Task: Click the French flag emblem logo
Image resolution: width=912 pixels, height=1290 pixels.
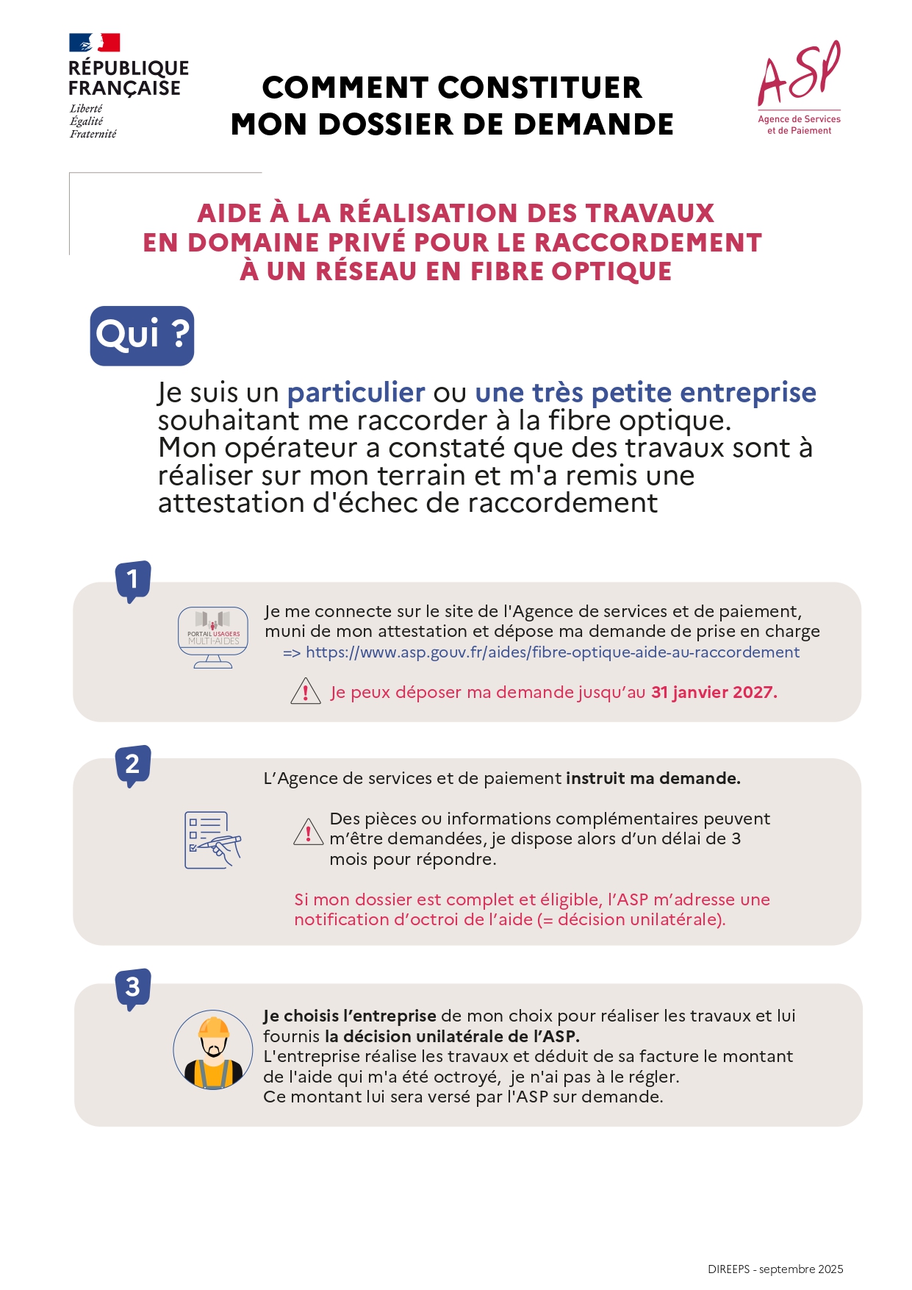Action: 95,43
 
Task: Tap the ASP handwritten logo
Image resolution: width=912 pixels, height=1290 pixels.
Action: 799,74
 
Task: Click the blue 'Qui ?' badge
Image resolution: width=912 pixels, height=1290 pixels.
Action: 142,335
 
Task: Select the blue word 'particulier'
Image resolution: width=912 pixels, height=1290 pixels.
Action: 356,393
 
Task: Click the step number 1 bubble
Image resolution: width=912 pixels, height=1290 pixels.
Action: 133,580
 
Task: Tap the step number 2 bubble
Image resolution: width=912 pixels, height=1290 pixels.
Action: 133,764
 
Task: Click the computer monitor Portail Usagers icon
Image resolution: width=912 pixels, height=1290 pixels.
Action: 213,637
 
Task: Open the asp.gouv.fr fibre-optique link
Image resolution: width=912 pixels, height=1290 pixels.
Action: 552,652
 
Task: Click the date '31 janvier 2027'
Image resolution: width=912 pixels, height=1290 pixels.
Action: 713,692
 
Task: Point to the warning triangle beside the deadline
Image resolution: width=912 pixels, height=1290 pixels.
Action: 306,692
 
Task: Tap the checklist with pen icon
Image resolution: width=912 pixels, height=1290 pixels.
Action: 212,840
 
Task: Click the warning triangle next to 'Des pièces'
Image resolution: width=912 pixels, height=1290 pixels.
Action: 308,833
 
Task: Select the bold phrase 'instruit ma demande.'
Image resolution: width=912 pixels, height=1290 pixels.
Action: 653,778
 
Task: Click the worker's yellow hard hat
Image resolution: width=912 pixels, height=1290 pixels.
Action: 213,1027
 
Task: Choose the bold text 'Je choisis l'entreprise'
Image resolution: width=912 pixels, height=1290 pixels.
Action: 350,1016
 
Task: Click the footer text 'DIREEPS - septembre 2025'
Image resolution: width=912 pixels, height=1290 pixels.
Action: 775,1269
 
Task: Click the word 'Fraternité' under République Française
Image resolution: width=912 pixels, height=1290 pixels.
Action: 93,134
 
